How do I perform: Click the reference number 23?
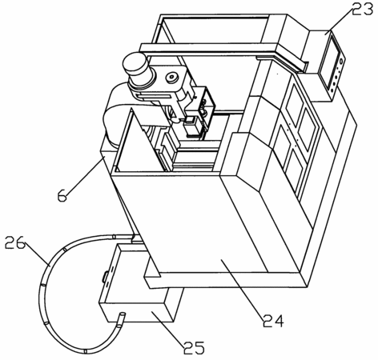coord(362,10)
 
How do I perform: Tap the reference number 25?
coord(194,347)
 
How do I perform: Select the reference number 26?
coord(15,242)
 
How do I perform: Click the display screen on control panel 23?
coord(330,62)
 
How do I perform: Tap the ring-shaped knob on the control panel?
coord(341,61)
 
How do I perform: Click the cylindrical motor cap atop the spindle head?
coord(135,63)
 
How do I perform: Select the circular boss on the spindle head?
coord(171,78)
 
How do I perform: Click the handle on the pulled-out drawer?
coord(105,276)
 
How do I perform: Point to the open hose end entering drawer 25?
coord(122,315)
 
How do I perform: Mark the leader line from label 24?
coord(243,287)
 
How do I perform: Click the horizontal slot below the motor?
coord(153,98)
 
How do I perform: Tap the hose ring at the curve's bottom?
coord(86,351)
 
